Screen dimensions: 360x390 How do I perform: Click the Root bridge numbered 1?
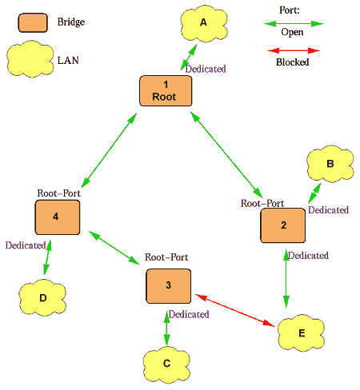click(166, 90)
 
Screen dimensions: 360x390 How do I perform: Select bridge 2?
click(283, 225)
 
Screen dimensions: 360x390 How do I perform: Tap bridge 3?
click(169, 286)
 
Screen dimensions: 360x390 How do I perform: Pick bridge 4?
click(58, 217)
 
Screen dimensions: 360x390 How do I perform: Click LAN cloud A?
click(204, 24)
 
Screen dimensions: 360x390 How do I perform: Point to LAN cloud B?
click(330, 164)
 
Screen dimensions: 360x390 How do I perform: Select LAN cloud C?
click(166, 364)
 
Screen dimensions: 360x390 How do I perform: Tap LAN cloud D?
click(42, 297)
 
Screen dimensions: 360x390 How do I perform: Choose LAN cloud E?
click(301, 333)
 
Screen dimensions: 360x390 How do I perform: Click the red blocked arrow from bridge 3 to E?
click(235, 310)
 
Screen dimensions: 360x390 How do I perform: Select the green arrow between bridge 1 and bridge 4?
click(109, 150)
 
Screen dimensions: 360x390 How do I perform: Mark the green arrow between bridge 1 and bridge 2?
click(226, 154)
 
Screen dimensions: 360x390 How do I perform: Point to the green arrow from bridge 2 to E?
click(286, 278)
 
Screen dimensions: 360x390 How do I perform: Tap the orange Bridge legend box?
click(33, 23)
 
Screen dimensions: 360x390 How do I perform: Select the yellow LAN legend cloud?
click(30, 59)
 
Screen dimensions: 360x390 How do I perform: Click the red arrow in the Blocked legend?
click(294, 50)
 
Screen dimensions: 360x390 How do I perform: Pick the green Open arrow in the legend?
click(294, 24)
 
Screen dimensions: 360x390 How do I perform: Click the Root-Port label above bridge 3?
click(166, 257)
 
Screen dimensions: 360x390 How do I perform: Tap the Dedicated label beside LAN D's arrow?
click(26, 245)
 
